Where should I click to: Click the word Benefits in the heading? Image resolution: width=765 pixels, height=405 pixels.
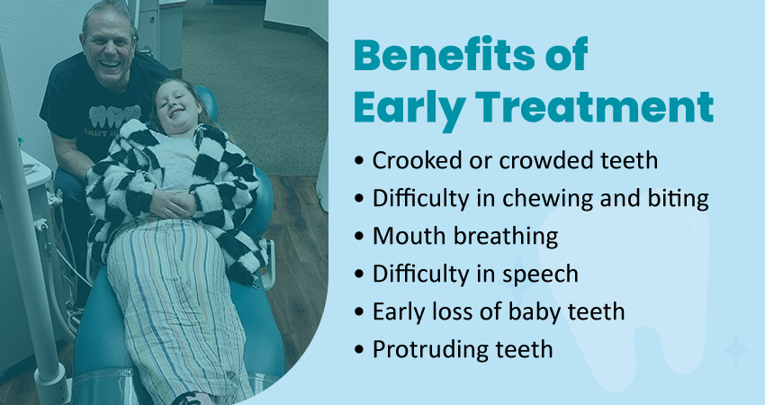point(444,55)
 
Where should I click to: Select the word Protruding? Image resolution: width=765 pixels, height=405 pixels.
point(432,350)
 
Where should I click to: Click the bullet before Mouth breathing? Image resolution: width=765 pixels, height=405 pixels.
point(360,237)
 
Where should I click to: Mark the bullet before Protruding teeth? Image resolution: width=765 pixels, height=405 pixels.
point(360,350)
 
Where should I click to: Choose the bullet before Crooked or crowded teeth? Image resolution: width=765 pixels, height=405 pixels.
point(360,161)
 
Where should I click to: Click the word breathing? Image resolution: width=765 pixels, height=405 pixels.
point(506,237)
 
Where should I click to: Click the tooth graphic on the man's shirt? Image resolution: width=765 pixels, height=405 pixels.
point(113,117)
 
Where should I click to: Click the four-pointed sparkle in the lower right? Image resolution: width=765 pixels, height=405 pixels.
point(735,350)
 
